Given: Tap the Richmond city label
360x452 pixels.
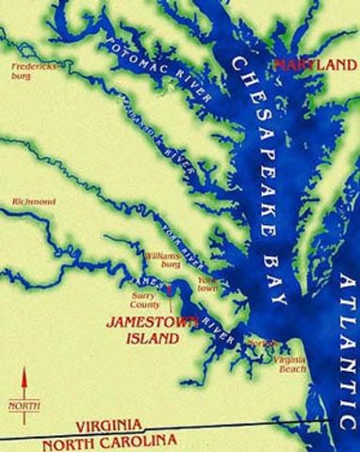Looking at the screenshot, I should tap(33, 202).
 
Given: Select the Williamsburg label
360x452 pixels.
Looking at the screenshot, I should tap(161, 260).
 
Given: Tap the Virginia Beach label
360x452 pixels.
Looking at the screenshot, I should tap(293, 363).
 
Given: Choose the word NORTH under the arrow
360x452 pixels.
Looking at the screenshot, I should tap(25, 407).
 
